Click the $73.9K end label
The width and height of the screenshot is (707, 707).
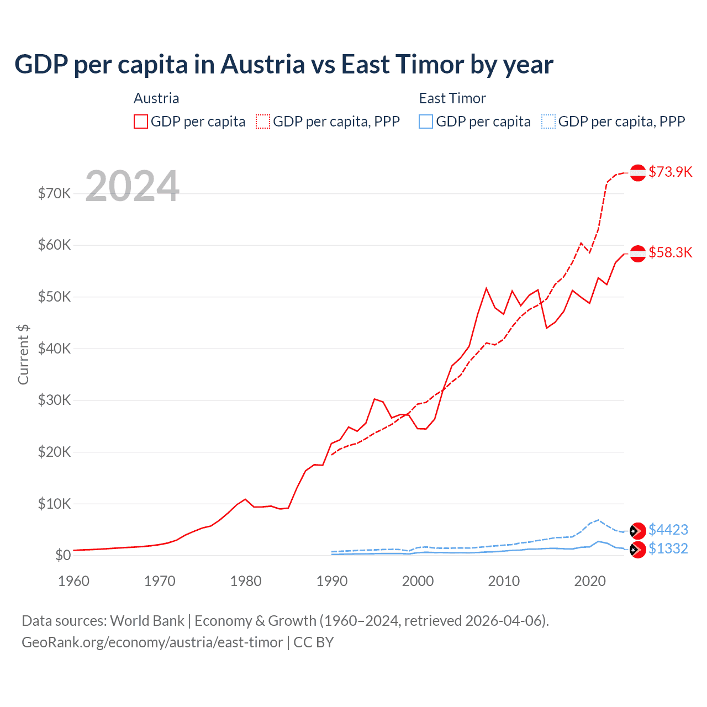670,172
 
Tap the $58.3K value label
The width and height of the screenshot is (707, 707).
670,252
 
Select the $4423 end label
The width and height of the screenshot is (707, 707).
668,530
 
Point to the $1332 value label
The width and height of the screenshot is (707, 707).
668,548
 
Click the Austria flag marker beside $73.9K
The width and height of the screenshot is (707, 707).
638,172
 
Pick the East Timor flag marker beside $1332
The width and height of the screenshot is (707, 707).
638,550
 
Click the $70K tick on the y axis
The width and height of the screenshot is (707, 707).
54,193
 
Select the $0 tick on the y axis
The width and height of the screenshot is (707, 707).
63,555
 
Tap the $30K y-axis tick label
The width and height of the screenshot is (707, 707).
54,400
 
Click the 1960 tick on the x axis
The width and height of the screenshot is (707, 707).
73,581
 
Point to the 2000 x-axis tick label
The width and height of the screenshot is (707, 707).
418,581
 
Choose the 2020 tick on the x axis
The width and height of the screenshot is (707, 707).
590,581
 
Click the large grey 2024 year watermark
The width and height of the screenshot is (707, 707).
132,186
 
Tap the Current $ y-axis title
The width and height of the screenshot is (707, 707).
23,354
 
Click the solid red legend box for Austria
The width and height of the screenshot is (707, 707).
141,122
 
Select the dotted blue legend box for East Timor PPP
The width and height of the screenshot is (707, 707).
548,122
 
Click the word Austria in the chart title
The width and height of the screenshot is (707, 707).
263,64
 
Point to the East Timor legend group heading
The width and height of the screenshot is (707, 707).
452,98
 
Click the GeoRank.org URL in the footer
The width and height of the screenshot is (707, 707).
152,642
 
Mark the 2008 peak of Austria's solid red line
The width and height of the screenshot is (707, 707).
486,288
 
